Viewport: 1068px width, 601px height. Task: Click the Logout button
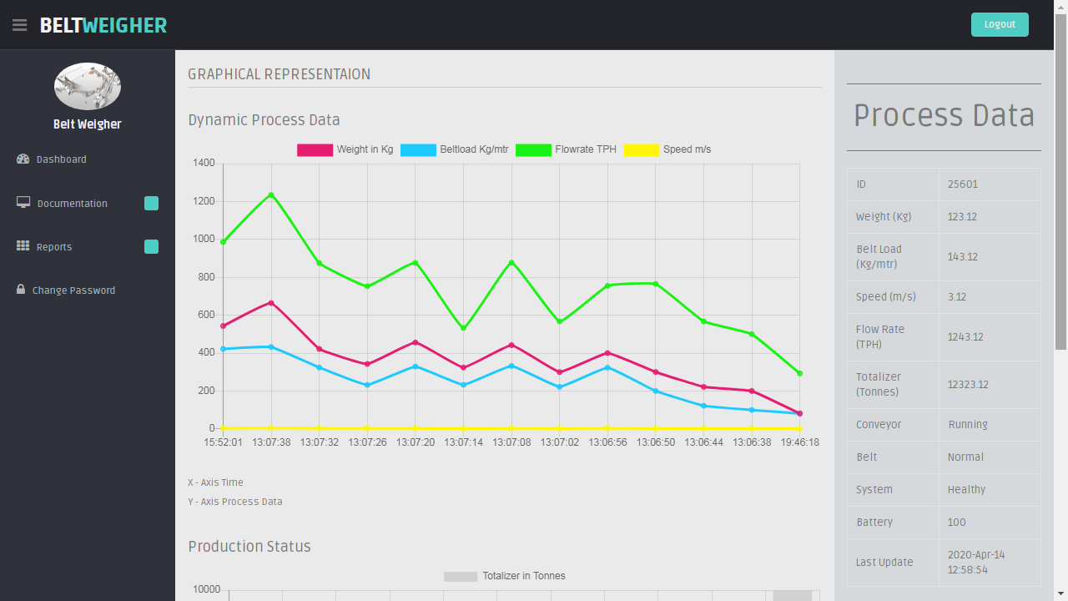[1000, 24]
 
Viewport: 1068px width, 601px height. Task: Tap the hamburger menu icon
[19, 25]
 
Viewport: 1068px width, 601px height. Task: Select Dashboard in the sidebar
[61, 159]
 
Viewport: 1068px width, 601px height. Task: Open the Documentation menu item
[72, 204]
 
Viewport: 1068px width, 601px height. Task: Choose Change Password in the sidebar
[73, 290]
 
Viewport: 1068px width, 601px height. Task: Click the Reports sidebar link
[54, 247]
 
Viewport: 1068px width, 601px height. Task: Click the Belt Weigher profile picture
[88, 86]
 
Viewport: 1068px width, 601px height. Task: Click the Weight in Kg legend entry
[345, 150]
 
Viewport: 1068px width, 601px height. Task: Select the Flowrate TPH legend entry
[567, 150]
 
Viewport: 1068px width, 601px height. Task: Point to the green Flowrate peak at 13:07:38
[271, 194]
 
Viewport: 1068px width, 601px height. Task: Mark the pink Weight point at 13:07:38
[271, 303]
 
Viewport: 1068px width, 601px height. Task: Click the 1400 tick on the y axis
[204, 163]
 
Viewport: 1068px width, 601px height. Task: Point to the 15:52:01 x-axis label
[224, 442]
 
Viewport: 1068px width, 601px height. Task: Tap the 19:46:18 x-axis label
[799, 442]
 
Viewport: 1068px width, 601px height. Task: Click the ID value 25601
[963, 184]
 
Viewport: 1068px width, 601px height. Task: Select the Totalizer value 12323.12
[968, 385]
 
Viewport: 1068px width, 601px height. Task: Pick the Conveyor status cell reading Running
[968, 425]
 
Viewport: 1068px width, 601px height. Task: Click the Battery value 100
[957, 523]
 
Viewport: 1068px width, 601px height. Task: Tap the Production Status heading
[249, 547]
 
